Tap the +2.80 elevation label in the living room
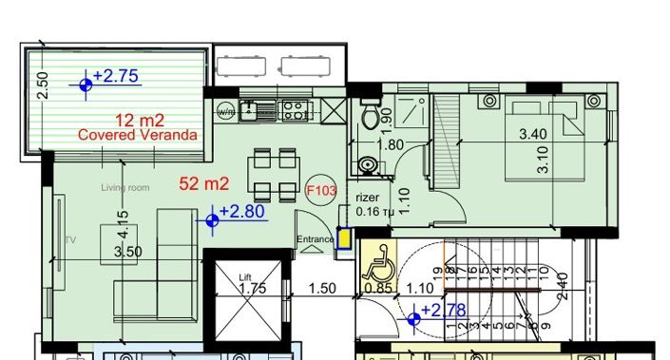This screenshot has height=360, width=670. pos(241,212)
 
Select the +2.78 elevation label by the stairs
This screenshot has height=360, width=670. pos(443,311)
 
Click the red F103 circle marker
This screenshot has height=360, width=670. pos(321,190)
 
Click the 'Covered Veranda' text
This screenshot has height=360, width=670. pos(138,136)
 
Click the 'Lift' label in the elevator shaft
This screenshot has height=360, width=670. pos(246,277)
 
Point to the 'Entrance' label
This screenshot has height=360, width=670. pos(315,239)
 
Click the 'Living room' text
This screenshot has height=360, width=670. pos(125,188)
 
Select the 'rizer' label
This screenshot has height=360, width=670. pos(368,198)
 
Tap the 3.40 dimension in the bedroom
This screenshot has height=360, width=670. pos(532,135)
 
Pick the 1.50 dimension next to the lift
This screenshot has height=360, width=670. pos(325,289)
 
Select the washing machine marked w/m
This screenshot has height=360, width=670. pos(226,110)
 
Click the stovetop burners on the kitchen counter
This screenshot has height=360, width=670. pos(297,110)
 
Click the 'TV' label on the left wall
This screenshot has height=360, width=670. pos(68,240)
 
